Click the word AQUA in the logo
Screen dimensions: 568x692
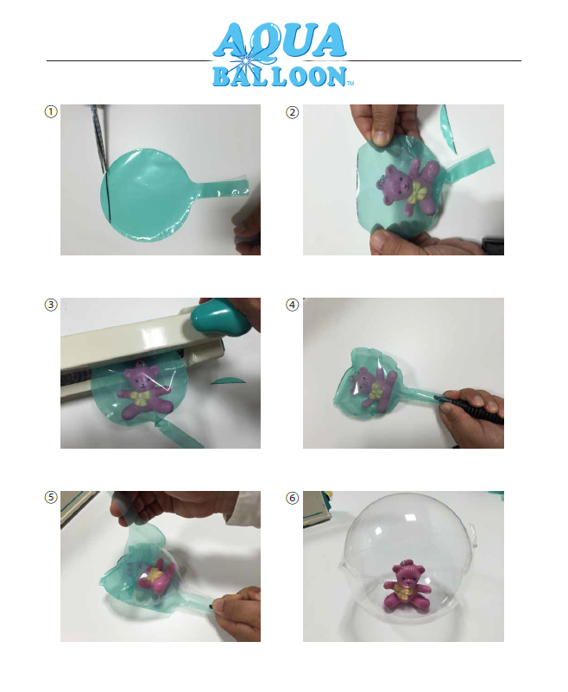tap(280, 41)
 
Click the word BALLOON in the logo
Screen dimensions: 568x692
tap(280, 76)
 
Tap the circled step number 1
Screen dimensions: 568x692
tap(51, 111)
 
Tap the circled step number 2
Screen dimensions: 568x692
tap(292, 112)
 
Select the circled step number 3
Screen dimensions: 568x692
tap(51, 305)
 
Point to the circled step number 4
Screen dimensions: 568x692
tap(292, 305)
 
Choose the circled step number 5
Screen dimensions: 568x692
tap(51, 497)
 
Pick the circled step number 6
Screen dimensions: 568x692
tap(292, 498)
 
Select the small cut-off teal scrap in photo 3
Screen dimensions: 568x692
tap(229, 381)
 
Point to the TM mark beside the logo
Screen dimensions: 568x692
tap(350, 83)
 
